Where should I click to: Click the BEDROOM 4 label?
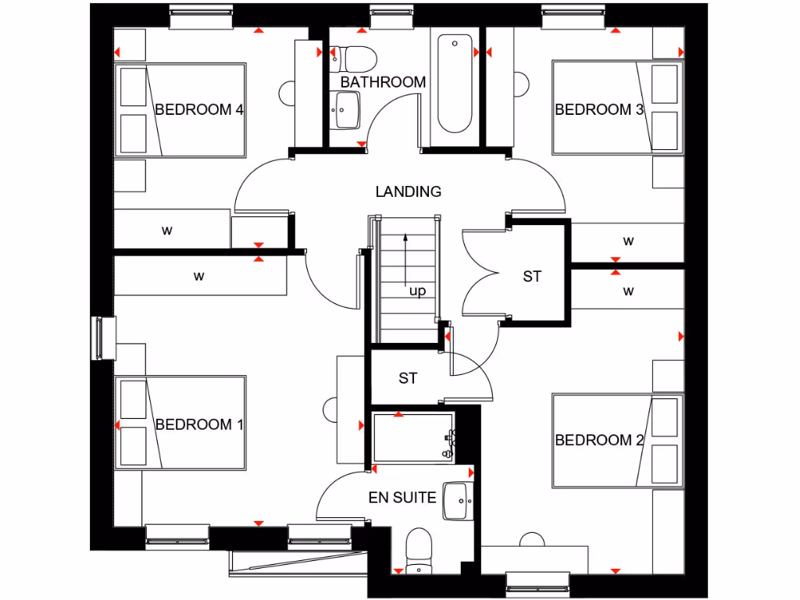pos(199,109)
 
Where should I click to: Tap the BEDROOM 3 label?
pos(599,109)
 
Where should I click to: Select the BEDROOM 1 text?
pos(199,424)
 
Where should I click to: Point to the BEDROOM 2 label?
pos(599,440)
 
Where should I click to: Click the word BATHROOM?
pos(383,82)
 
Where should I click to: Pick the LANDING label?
pos(408,191)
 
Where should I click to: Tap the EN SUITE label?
pos(402,497)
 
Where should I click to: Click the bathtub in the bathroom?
pos(455,83)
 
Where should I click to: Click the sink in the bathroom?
pos(345,110)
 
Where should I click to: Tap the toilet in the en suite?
pos(420,550)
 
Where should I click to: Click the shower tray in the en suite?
pos(412,437)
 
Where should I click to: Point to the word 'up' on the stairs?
pos(418,291)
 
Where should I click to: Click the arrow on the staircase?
pos(405,258)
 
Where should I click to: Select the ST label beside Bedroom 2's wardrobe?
pos(532,276)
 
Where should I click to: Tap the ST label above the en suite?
pos(408,378)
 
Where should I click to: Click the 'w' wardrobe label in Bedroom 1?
pos(199,276)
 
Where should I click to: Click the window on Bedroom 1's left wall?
pos(103,337)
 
